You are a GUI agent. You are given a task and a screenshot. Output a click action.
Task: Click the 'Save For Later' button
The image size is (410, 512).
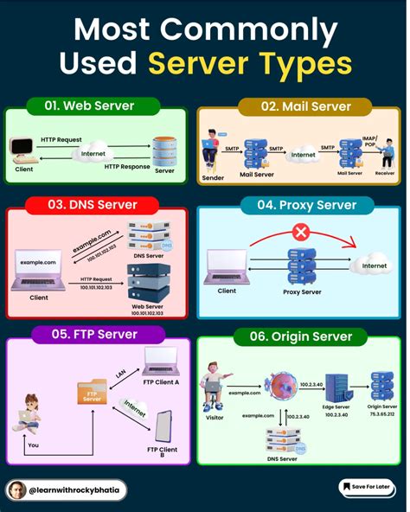click(368, 488)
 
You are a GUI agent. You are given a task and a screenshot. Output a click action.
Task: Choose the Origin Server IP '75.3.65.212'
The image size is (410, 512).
click(381, 413)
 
